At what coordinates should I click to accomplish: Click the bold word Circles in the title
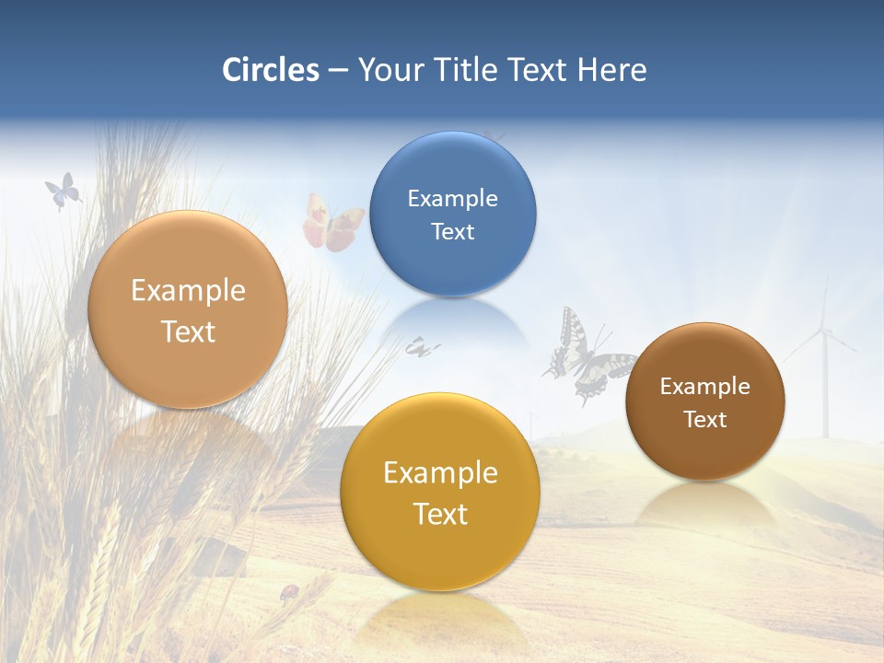pos(270,70)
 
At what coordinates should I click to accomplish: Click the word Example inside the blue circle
pos(452,199)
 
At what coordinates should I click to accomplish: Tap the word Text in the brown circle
pos(704,420)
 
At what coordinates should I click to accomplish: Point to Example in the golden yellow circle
pos(440,473)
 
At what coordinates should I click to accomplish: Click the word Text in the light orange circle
pos(188,331)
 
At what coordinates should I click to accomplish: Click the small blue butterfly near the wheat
pos(62,192)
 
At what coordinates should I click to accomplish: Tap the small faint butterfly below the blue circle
pos(422,347)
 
